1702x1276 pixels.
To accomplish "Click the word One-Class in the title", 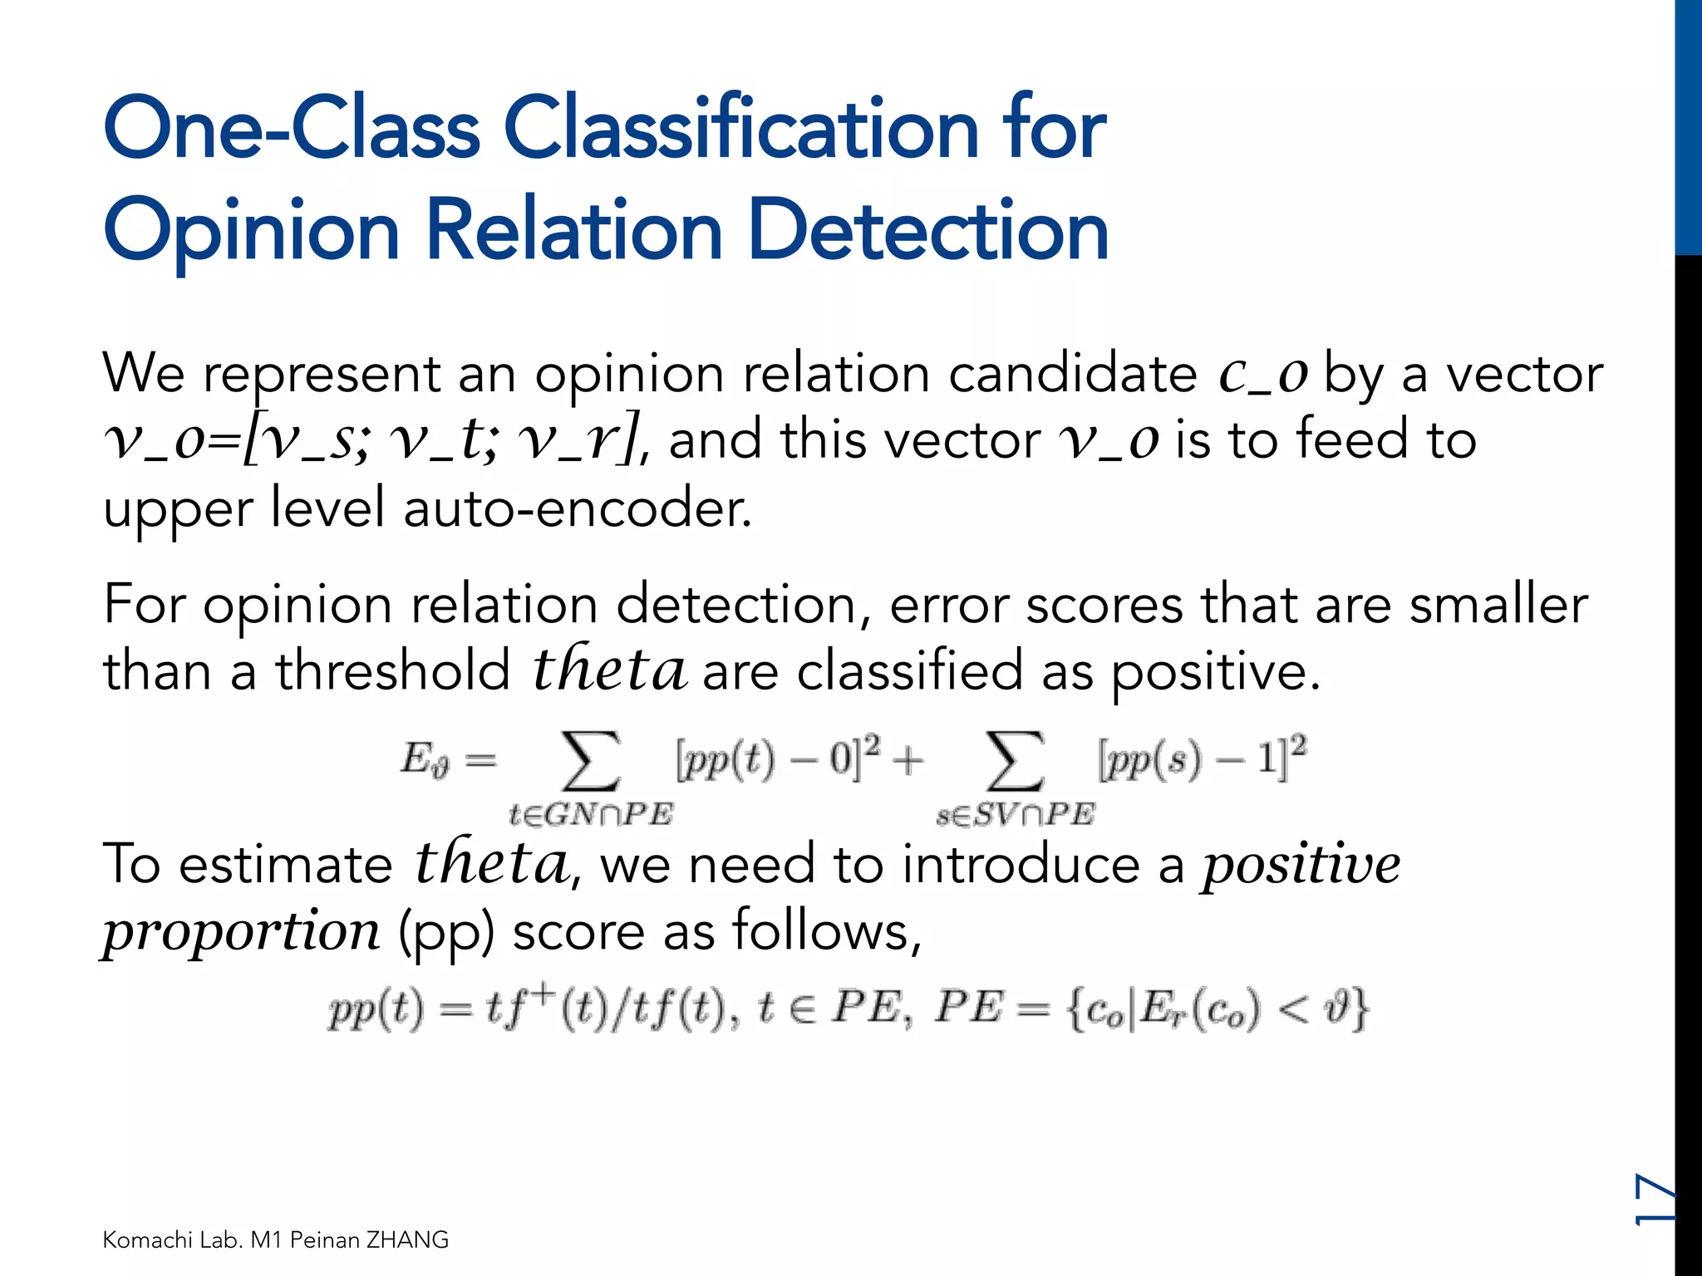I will coord(291,129).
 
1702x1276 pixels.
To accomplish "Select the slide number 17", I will coord(1655,1199).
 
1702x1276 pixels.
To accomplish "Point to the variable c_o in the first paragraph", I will coord(1263,374).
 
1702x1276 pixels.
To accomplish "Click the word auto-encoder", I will coord(578,508).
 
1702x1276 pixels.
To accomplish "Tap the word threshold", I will coord(393,671).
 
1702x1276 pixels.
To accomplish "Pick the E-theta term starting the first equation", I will coord(425,759).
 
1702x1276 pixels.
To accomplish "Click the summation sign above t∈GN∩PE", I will coord(591,760).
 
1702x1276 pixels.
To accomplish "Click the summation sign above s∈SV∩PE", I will coord(1015,760).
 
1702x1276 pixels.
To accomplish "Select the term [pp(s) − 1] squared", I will coord(1202,758).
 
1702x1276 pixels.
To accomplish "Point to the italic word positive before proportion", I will coord(1301,864).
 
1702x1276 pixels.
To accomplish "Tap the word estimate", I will coord(285,864).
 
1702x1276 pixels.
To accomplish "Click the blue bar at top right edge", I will coord(1688,125).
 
